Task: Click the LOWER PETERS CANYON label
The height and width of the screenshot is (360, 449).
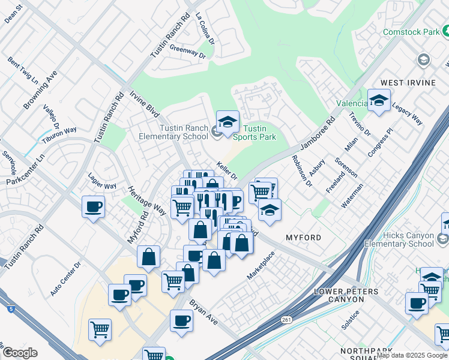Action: tap(346, 295)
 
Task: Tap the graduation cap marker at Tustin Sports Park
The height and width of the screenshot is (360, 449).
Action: tap(228, 122)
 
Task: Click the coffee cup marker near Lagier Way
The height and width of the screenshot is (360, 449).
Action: tap(93, 207)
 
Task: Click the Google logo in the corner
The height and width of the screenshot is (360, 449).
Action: tap(19, 353)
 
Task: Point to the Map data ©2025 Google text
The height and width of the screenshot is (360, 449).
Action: tap(412, 355)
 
